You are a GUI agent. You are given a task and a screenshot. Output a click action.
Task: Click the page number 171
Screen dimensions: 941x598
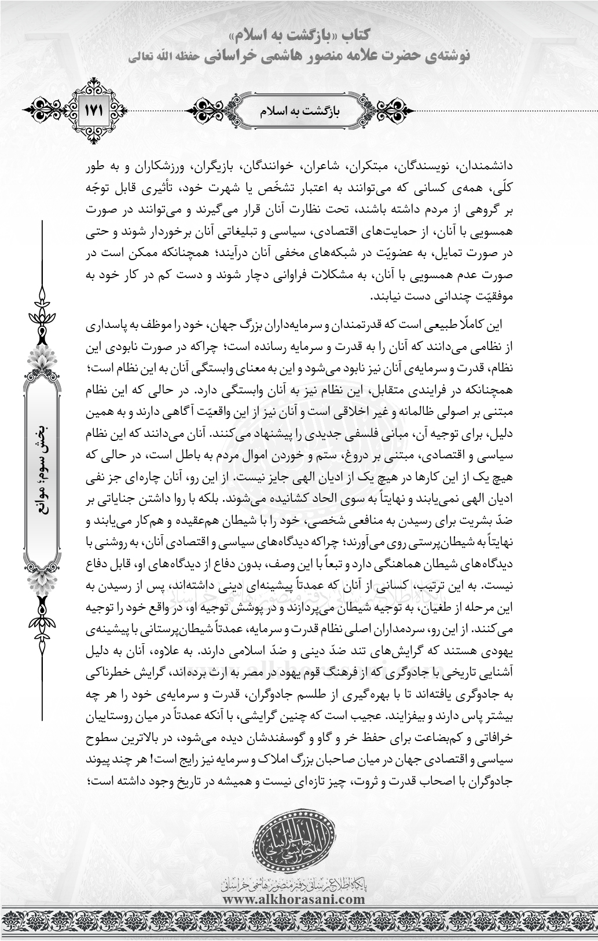(x=94, y=109)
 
